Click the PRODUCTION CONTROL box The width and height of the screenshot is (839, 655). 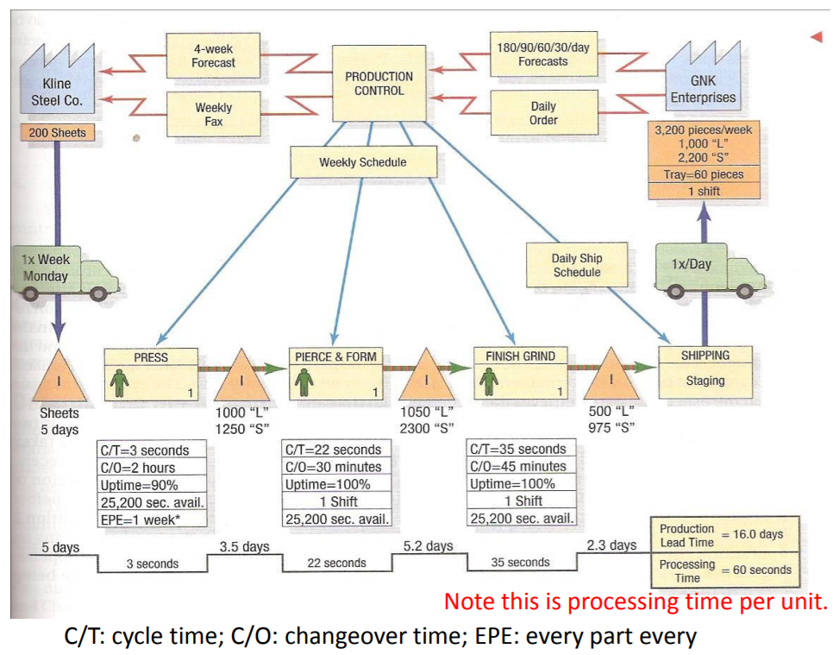379,84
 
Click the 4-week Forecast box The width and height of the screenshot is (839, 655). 213,56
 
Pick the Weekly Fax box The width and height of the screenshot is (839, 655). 213,115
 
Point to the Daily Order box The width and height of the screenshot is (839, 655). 543,113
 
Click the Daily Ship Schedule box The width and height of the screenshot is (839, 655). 577,265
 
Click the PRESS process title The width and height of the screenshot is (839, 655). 151,357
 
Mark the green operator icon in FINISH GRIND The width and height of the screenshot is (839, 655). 491,381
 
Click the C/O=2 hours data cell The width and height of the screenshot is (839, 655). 153,467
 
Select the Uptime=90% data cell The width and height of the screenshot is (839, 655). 153,484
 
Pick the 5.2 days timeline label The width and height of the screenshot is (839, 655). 428,546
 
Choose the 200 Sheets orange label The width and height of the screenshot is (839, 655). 57,133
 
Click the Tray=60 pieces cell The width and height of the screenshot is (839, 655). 704,174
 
